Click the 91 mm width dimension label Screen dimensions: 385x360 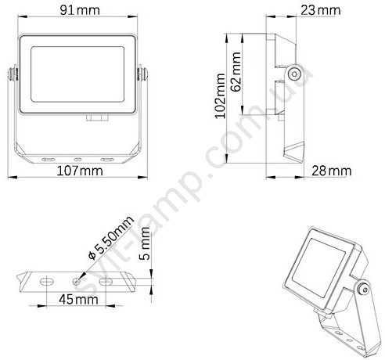pos(80,10)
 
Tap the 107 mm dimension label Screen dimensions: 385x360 pos(80,171)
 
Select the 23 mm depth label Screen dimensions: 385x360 pos(321,10)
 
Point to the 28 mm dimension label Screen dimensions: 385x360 pos(332,171)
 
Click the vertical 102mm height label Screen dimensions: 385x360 pos(220,96)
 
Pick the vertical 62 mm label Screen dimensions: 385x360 pos(236,72)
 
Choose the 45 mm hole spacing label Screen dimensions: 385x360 pos(78,299)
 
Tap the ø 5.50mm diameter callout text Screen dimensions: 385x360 pos(111,238)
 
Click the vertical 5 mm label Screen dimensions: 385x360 pos(145,243)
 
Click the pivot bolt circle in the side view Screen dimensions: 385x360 pos(295,74)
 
